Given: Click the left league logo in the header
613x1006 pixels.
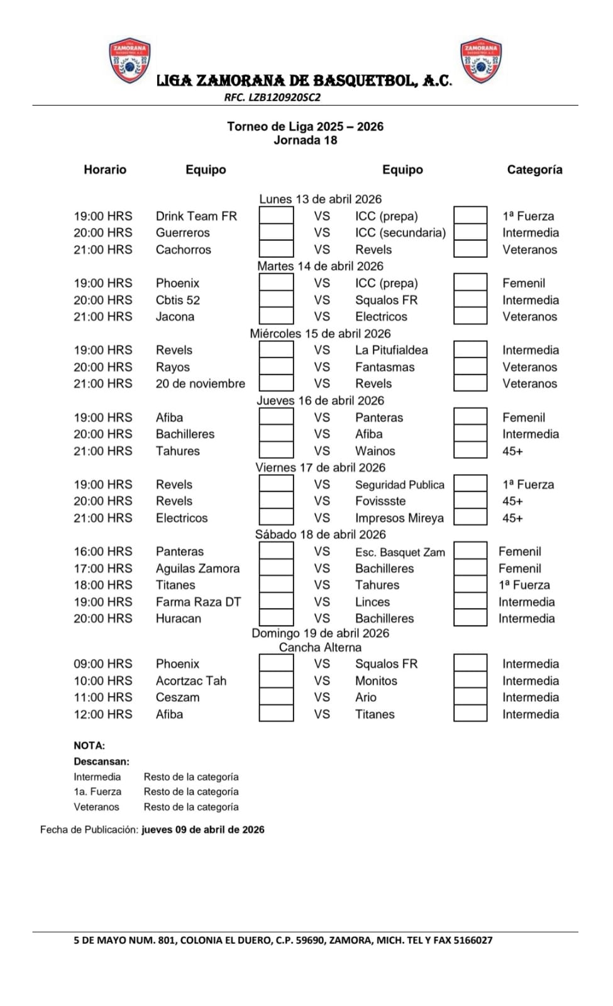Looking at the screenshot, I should pyautogui.click(x=130, y=60).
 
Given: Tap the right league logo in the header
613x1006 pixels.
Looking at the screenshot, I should pyautogui.click(x=481, y=60).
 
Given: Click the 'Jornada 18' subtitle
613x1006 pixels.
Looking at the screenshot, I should pyautogui.click(x=306, y=140).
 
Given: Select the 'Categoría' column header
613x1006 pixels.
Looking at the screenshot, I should pyautogui.click(x=534, y=170).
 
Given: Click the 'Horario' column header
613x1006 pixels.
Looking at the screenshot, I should pyautogui.click(x=105, y=170).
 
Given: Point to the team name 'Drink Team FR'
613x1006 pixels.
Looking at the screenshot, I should pyautogui.click(x=196, y=216).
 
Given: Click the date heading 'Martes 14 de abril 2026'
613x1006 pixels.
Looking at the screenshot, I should pyautogui.click(x=320, y=266).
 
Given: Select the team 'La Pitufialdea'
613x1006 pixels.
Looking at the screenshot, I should pyautogui.click(x=391, y=350).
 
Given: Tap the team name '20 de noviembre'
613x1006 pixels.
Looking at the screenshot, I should pyautogui.click(x=200, y=384).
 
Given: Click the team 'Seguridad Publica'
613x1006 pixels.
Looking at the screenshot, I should pyautogui.click(x=399, y=485).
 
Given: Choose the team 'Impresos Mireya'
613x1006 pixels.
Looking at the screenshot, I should pyautogui.click(x=399, y=518).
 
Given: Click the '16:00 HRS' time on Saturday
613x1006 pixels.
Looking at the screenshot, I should pyautogui.click(x=103, y=551).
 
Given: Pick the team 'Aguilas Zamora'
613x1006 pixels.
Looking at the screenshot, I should pyautogui.click(x=197, y=568).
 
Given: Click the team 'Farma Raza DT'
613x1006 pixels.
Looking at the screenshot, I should pyautogui.click(x=198, y=602).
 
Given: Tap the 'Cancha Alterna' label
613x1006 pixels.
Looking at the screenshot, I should pyautogui.click(x=320, y=648).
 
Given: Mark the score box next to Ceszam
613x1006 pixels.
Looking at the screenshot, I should pyautogui.click(x=276, y=697).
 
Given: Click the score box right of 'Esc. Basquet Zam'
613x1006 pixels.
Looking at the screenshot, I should pyautogui.click(x=470, y=551).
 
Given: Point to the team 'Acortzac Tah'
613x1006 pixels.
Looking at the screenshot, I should pyautogui.click(x=191, y=681).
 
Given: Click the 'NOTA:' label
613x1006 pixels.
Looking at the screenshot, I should pyautogui.click(x=89, y=746).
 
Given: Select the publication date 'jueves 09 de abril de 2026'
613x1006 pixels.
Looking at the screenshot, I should pyautogui.click(x=203, y=830).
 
